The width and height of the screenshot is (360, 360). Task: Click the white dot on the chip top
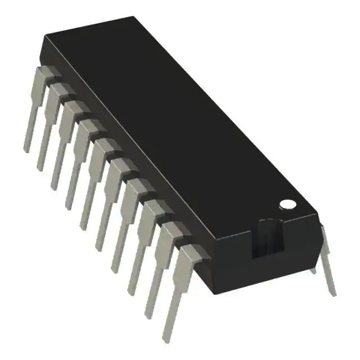pyautogui.click(x=287, y=203)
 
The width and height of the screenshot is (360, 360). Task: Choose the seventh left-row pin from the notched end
pyautogui.click(x=79, y=166)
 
